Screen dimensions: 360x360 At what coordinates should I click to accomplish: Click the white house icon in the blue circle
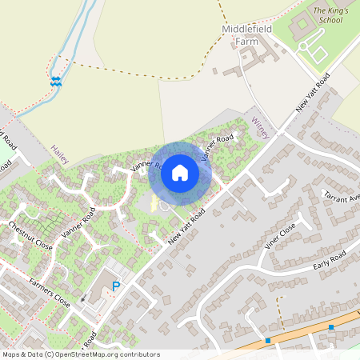coord(180,172)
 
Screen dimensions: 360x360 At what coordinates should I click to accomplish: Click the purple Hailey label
coord(60,154)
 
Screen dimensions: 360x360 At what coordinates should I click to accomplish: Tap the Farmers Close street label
coord(50,291)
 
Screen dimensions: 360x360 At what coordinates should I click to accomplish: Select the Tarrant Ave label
coord(342,197)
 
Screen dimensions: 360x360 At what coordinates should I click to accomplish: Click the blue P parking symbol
coord(116,286)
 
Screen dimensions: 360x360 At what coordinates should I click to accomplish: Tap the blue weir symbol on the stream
coord(56,81)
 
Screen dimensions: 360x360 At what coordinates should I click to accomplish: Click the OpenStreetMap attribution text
coord(80,354)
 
